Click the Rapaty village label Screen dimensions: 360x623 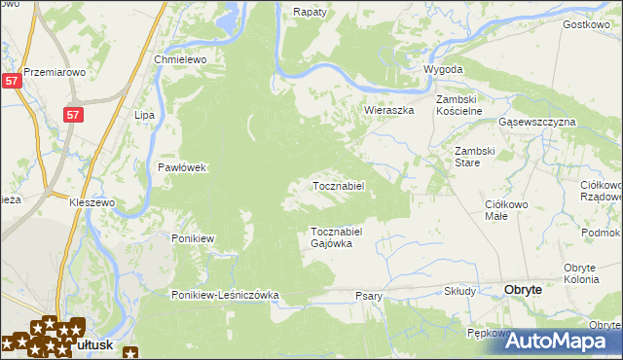pos(310,12)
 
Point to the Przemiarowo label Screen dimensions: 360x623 pos(55,72)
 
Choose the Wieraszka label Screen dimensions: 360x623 pos(389,110)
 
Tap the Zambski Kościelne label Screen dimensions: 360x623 pos(459,105)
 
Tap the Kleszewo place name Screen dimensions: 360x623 pos(92,202)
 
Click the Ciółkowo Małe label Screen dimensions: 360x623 pos(506,211)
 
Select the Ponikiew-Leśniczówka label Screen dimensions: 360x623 pos(226,295)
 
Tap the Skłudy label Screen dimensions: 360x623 pos(459,291)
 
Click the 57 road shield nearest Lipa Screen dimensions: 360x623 pos(73,115)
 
